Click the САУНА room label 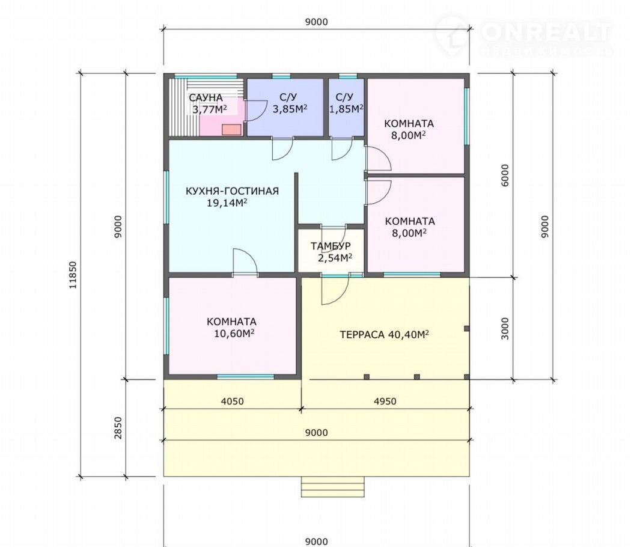click(x=206, y=98)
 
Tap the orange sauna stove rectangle click(x=232, y=129)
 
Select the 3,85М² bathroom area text click(x=290, y=109)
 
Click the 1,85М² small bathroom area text click(x=346, y=109)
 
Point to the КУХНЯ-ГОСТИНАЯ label click(x=232, y=191)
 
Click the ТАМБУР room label click(x=331, y=246)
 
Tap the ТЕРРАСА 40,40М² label click(x=385, y=334)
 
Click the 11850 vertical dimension click(x=73, y=275)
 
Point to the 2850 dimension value click(x=118, y=427)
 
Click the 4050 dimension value click(x=233, y=402)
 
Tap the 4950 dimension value click(x=385, y=402)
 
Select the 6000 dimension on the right click(x=505, y=175)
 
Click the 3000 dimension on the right click(x=505, y=328)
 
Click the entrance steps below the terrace click(x=333, y=487)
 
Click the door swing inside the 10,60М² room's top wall click(x=245, y=262)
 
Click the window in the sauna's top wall click(x=206, y=76)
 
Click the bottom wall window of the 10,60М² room click(x=245, y=377)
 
